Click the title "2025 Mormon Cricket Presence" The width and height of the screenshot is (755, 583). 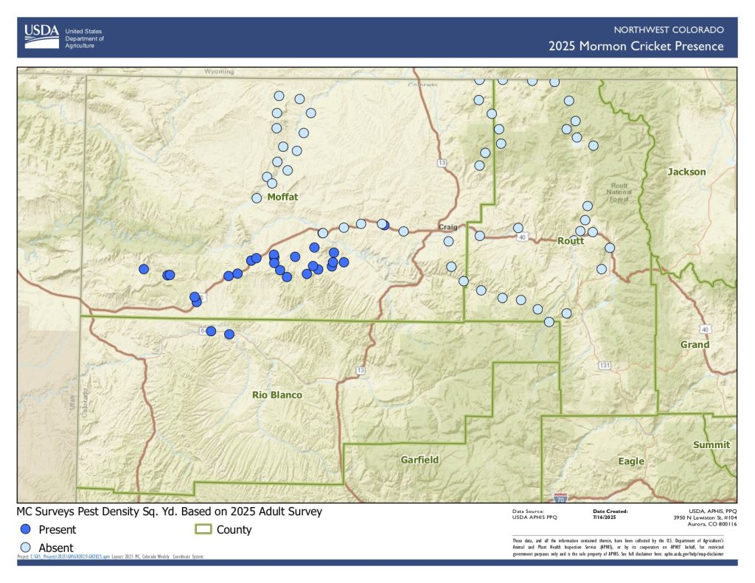[636, 47]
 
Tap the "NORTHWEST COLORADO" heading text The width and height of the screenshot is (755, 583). [669, 29]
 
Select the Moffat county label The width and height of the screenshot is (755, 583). [282, 197]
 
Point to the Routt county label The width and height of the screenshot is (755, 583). [571, 241]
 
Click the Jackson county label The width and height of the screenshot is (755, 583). [686, 172]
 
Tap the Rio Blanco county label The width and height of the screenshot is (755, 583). [277, 395]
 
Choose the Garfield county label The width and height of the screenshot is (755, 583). [420, 460]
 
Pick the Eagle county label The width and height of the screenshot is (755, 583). [631, 461]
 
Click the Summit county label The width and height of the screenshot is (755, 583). [711, 444]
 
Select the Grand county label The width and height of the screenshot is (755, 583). [695, 344]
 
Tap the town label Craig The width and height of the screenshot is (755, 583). [448, 226]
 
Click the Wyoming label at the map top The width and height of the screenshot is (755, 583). [219, 72]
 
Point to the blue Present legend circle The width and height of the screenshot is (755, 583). [26, 529]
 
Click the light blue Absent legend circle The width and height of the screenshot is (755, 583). [26, 547]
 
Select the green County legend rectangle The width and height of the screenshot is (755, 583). [203, 529]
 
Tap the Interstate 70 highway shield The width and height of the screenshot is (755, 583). [560, 498]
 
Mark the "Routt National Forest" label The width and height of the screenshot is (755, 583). [619, 192]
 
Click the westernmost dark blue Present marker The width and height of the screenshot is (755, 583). [144, 269]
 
